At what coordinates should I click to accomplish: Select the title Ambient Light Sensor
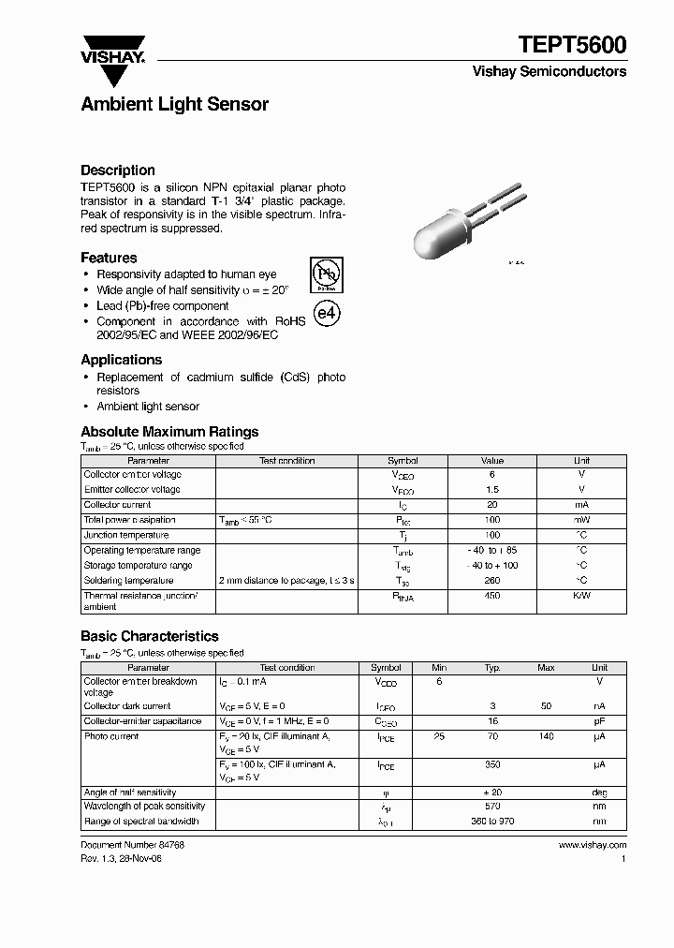pyautogui.click(x=175, y=105)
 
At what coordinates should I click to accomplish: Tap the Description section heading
pyautogui.click(x=118, y=170)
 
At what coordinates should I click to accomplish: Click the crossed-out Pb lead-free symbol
pyautogui.click(x=326, y=274)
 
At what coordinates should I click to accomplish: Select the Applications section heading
pyautogui.click(x=122, y=360)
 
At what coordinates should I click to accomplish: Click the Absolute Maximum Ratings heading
pyautogui.click(x=169, y=432)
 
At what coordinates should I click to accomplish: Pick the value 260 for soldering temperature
pyautogui.click(x=492, y=581)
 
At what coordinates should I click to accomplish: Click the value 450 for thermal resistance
pyautogui.click(x=492, y=596)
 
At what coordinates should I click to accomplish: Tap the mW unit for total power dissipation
pyautogui.click(x=581, y=520)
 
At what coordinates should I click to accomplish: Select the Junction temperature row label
pyautogui.click(x=126, y=535)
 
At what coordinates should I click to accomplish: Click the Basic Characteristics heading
pyautogui.click(x=150, y=636)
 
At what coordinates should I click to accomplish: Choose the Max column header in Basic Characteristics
pyautogui.click(x=546, y=668)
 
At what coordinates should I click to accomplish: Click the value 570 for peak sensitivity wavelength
pyautogui.click(x=492, y=807)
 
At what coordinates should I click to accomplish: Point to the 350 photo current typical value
pyautogui.click(x=492, y=764)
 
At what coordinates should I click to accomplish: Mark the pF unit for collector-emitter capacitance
pyautogui.click(x=600, y=721)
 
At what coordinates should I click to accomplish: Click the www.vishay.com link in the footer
pyautogui.click(x=592, y=845)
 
